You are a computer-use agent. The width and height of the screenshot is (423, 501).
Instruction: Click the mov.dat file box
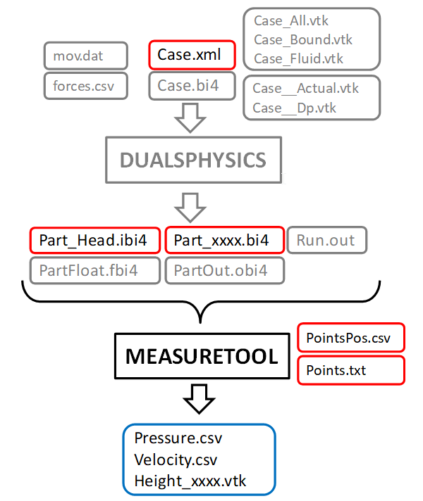85,56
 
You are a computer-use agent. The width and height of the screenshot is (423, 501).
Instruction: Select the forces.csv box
85,86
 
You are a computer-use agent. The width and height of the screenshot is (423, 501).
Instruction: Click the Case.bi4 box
190,86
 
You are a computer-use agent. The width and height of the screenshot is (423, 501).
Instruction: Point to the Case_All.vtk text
293,22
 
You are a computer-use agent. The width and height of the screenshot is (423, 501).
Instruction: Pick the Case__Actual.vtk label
305,89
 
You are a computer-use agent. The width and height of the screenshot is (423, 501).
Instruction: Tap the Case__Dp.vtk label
294,108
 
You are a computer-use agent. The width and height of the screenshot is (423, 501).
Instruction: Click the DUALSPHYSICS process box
193,160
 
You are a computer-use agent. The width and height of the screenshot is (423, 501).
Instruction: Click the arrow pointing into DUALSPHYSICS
190,118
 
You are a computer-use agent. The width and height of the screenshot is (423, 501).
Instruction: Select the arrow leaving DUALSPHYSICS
190,206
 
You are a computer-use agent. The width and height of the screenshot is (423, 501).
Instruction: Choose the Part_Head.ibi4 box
93,240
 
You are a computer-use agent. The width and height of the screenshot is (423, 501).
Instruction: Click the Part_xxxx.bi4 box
224,240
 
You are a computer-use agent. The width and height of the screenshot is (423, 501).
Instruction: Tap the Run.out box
326,240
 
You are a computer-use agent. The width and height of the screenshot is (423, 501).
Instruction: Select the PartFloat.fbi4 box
93,270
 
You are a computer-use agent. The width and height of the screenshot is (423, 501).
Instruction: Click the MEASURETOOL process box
202,357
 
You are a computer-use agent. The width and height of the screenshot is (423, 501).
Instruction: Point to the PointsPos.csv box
350,338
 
